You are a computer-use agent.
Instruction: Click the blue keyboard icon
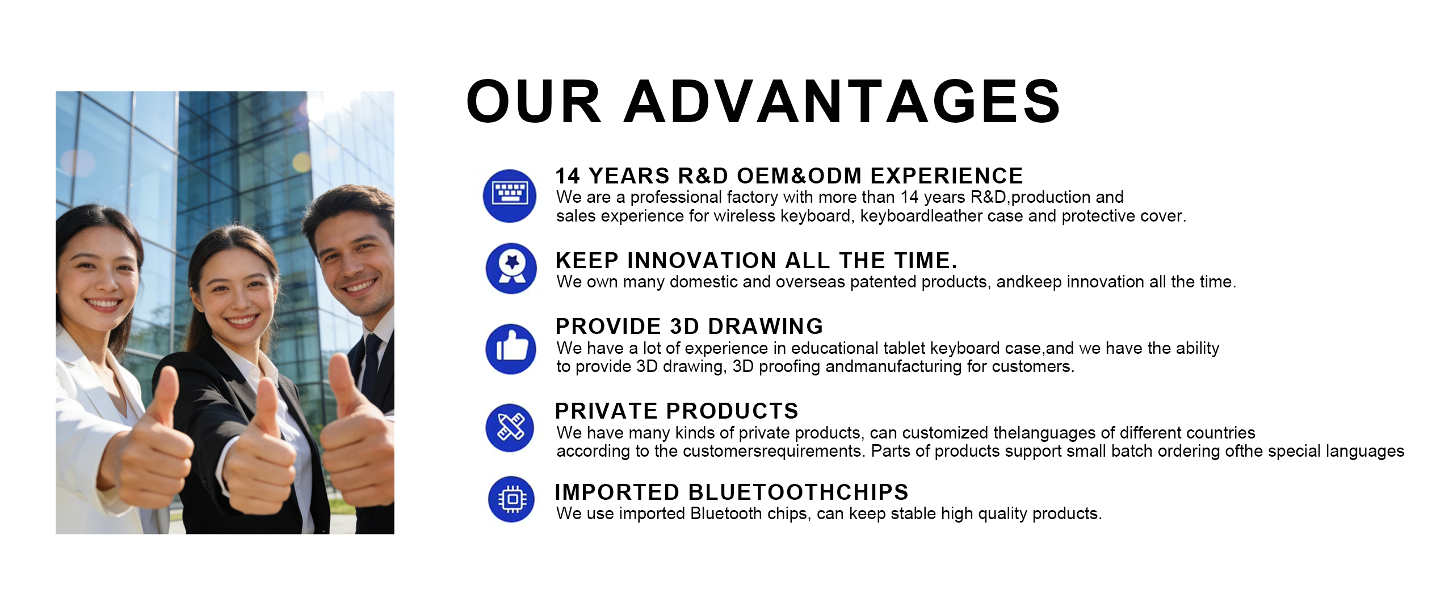tap(510, 195)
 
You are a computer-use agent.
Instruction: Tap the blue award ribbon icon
tap(511, 268)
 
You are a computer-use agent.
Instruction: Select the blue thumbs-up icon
tap(511, 349)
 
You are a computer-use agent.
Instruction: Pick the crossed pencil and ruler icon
tap(510, 428)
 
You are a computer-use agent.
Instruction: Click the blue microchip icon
tap(511, 499)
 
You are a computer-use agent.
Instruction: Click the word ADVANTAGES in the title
tap(842, 102)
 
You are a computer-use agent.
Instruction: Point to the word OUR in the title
tap(534, 102)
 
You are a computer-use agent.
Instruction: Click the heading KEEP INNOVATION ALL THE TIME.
tap(757, 260)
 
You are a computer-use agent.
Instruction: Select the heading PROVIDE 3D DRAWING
tap(689, 326)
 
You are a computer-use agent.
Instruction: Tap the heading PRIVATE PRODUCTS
tap(677, 411)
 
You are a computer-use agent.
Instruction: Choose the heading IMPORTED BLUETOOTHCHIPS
tap(732, 492)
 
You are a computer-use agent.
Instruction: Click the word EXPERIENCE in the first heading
tap(947, 176)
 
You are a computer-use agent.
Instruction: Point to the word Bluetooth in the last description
tap(726, 513)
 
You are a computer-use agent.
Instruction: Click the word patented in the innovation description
tap(883, 282)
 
